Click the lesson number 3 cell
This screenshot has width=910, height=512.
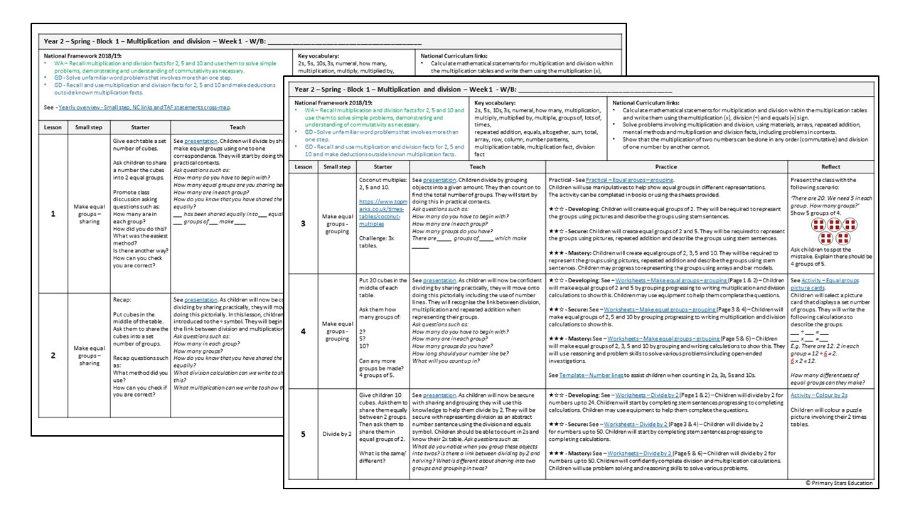click(304, 223)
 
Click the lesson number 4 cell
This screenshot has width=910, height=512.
click(304, 331)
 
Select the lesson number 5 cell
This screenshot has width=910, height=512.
click(304, 432)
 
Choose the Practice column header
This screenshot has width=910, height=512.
click(667, 166)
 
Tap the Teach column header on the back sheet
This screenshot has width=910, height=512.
click(237, 127)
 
